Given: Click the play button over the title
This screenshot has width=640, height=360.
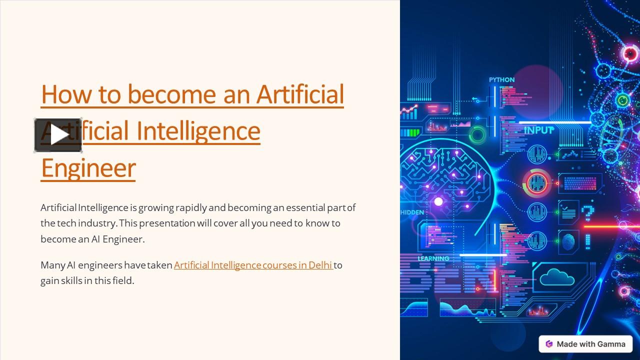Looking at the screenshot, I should (x=58, y=135).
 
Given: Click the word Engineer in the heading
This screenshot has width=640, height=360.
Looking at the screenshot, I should (x=88, y=168).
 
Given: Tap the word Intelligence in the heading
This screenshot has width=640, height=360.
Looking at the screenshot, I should (x=198, y=130).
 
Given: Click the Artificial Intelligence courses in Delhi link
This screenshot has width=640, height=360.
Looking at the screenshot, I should (x=253, y=265).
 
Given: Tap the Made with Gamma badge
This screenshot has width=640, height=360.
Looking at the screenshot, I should (x=585, y=344).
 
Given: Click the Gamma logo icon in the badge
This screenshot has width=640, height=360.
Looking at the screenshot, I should (x=549, y=344).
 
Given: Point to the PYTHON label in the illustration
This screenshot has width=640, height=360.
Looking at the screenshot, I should (x=501, y=80).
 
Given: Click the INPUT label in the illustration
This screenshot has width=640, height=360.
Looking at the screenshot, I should (x=539, y=130).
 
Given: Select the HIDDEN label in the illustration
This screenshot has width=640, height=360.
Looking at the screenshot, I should (x=412, y=212).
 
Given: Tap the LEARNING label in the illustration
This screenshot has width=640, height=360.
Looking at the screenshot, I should (x=433, y=258).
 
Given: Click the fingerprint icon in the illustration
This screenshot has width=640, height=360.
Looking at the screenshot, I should (x=568, y=242).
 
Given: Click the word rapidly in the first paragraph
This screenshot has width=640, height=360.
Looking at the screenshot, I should (x=191, y=207).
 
